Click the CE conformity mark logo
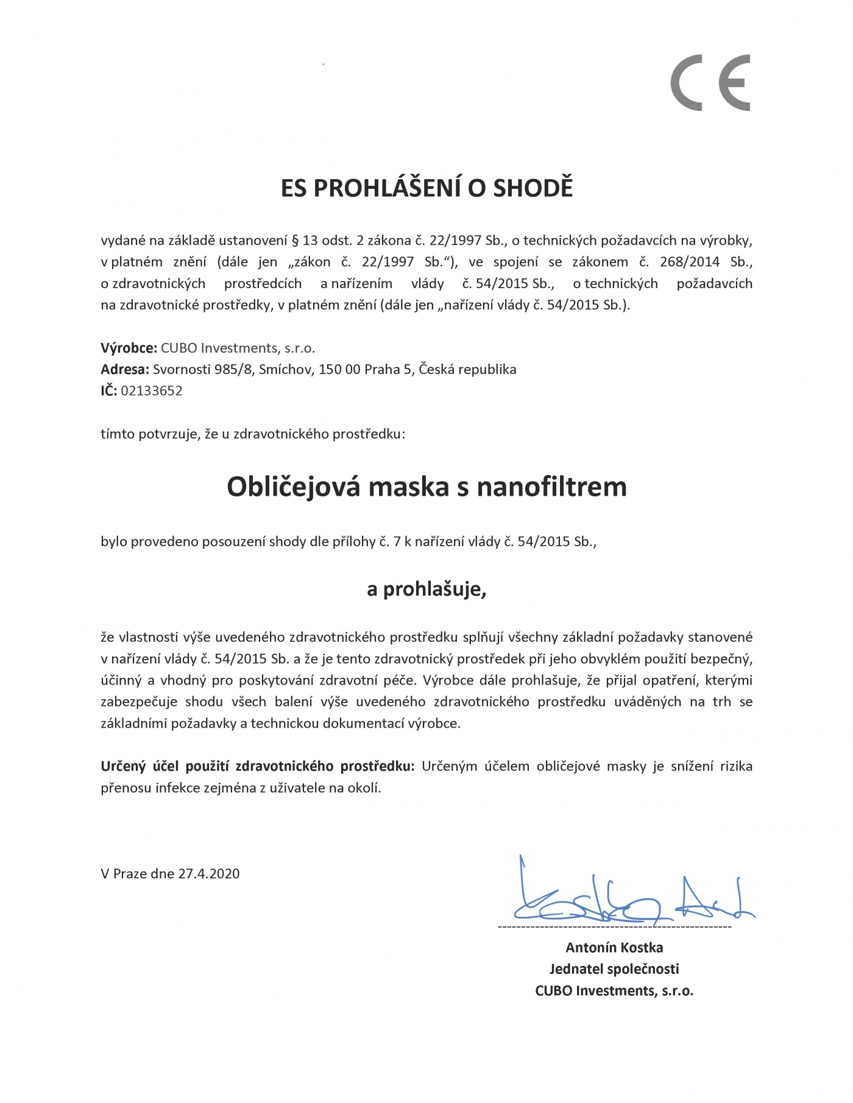pos(710,83)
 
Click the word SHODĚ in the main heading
pos(533,188)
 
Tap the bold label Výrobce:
pos(129,348)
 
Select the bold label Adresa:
pos(124,369)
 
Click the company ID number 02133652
pos(152,390)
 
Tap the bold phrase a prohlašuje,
pos(426,589)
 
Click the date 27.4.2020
pos(209,873)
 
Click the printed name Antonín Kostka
pos(614,947)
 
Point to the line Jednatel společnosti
pos(614,968)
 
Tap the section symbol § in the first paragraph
pos(296,240)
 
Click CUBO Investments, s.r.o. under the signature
pos(614,990)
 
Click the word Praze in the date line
pos(130,873)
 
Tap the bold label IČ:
pos(108,390)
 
